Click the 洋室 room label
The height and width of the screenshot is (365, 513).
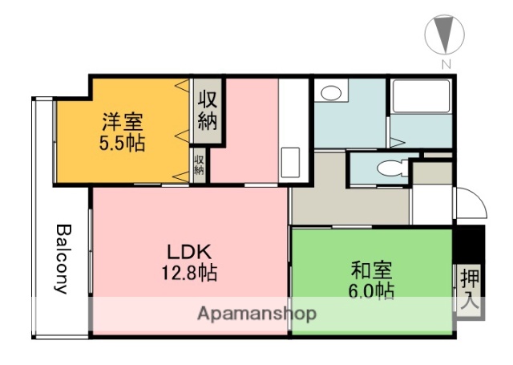pos(122,124)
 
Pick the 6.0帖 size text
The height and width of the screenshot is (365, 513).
pos(370,290)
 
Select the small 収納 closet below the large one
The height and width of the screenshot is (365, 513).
pos(199,165)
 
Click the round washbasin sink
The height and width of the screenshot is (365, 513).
pos(328,93)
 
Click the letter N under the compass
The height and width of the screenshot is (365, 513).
pos(443,64)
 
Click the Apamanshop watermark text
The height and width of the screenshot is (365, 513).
pos(256,313)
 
